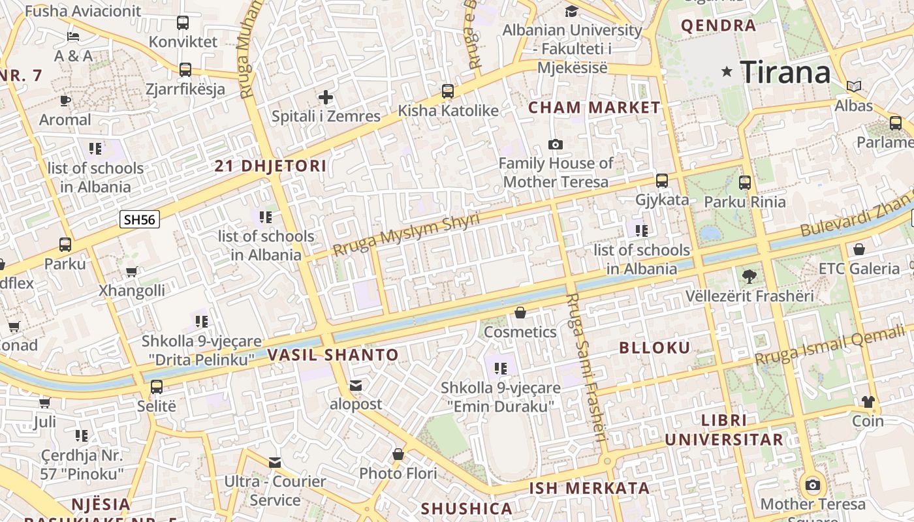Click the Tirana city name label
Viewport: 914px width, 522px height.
point(785,72)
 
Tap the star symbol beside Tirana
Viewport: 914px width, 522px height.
point(727,72)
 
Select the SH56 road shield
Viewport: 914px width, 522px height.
point(140,219)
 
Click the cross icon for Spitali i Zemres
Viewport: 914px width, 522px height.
point(326,98)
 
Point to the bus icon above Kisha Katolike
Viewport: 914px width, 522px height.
point(448,91)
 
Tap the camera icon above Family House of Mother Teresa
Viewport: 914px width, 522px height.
point(556,144)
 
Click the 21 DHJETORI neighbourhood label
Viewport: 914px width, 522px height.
point(270,166)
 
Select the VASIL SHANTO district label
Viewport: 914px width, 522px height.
point(333,356)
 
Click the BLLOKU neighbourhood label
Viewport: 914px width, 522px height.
point(654,348)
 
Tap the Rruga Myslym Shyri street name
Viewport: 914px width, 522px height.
point(405,234)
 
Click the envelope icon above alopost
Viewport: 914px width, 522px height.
point(355,386)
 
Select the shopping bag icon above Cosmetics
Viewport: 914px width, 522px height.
point(520,313)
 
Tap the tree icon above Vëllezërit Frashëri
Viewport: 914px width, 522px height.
point(749,277)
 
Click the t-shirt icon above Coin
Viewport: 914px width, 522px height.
point(868,402)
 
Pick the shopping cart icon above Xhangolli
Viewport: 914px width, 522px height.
point(131,271)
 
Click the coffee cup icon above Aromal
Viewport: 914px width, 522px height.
point(65,100)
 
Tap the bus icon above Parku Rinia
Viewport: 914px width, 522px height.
point(745,183)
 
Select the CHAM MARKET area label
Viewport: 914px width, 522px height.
point(594,108)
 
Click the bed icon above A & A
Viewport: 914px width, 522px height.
point(73,37)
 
